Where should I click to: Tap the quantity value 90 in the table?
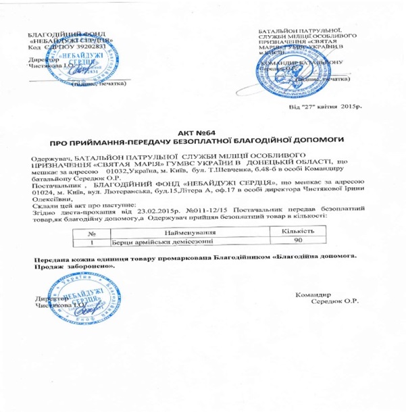(x=287, y=241)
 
